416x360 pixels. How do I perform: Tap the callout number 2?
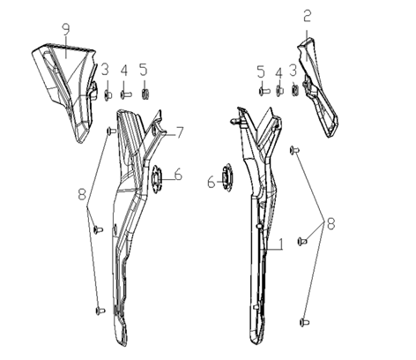pos(307,16)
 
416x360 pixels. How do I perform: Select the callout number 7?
pos(180,132)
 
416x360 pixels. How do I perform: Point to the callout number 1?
pos(281,244)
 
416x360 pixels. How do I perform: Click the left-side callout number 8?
pos(82,194)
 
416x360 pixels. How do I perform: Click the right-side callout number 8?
pos(331,223)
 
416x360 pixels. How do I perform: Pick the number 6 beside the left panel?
pos(178,175)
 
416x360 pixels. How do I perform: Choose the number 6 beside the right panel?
pos(212,183)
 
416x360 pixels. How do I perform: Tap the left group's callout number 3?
pos(105,70)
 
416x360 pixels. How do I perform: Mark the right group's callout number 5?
pos(261,71)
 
